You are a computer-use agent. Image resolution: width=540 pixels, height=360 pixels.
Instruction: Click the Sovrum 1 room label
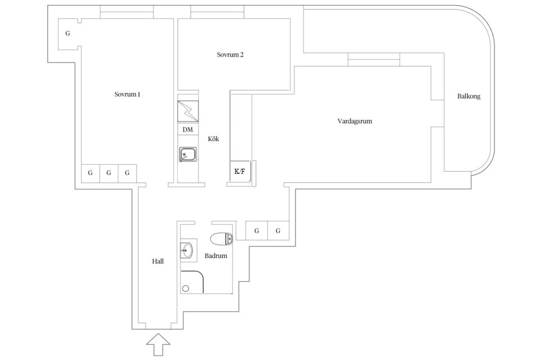127,94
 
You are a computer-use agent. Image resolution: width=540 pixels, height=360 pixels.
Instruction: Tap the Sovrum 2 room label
230,55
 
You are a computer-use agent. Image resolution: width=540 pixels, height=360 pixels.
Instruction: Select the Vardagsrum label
355,121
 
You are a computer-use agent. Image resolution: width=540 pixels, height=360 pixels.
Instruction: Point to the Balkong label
469,96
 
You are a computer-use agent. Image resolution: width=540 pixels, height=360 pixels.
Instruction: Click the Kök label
213,139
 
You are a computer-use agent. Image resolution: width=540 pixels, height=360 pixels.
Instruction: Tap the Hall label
158,261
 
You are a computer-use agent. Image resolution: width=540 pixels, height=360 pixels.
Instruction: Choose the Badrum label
215,256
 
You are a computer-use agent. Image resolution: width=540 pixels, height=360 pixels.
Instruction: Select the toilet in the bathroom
221,238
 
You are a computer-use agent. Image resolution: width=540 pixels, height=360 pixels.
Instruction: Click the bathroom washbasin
187,249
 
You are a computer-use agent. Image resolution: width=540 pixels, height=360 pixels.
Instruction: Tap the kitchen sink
187,154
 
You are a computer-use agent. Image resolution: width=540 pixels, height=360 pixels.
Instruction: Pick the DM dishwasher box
187,130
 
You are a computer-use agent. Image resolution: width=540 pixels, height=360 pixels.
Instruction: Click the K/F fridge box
240,171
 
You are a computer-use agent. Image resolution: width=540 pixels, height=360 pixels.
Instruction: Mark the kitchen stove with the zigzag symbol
188,111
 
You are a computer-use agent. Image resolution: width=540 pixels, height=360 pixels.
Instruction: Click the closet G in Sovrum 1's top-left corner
68,34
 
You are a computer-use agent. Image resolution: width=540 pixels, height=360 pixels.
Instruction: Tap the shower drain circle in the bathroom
186,288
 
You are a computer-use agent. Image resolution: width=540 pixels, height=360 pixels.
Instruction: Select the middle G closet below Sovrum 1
109,173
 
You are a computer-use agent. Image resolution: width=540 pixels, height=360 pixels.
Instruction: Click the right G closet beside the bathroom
278,231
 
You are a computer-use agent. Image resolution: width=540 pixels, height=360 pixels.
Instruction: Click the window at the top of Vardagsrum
374,59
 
